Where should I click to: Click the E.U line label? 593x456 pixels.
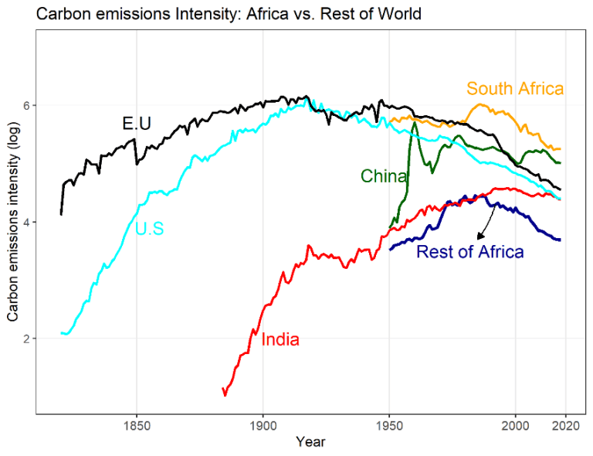[x=136, y=124]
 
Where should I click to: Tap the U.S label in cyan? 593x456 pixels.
[x=149, y=229]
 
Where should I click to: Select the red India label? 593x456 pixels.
[x=280, y=339]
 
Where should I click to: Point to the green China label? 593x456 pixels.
[x=384, y=176]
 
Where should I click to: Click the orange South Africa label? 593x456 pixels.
[x=515, y=88]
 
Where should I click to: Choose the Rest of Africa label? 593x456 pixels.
[x=469, y=251]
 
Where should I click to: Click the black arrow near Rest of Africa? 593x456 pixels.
[x=486, y=225]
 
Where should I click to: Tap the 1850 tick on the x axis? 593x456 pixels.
[x=137, y=425]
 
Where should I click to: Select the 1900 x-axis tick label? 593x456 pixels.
[x=263, y=425]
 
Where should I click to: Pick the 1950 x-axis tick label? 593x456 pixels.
[x=390, y=425]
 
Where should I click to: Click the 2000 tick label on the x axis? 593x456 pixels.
[x=516, y=425]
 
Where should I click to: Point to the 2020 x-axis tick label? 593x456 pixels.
[x=566, y=425]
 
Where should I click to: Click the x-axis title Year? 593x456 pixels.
[x=310, y=442]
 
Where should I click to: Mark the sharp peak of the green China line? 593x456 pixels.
[x=415, y=122]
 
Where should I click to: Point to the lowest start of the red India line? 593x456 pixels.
[x=225, y=395]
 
